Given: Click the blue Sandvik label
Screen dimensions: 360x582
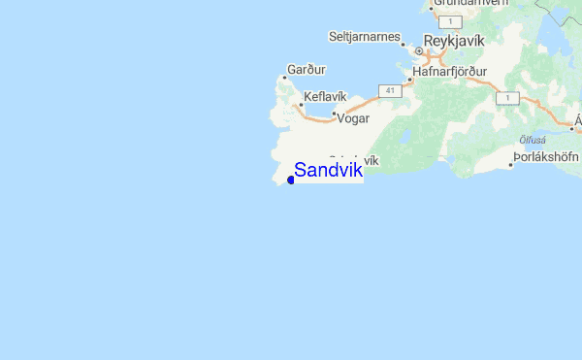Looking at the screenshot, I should [328, 171].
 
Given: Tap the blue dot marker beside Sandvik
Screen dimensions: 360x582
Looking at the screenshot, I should [291, 180].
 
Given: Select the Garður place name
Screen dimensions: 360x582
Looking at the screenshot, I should [307, 70].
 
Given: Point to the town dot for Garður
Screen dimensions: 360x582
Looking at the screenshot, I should [284, 78].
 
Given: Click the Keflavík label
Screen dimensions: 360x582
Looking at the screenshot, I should [324, 97].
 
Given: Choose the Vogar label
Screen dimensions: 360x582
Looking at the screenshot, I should [353, 117].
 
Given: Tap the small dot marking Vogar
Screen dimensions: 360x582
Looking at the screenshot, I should [334, 115].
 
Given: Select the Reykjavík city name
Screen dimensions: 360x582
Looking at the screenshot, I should [461, 44].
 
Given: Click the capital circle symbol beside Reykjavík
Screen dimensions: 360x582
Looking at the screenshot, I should [419, 50].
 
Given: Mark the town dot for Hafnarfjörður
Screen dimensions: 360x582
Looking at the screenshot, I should [409, 80].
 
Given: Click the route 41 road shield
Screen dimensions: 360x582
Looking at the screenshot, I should [390, 90].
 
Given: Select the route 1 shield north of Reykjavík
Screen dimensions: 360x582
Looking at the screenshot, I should [447, 20].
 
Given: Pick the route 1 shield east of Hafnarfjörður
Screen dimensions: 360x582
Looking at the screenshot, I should [507, 98].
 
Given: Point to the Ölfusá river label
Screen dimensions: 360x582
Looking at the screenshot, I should [531, 138].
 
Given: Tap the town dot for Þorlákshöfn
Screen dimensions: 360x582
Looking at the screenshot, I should [511, 164].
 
